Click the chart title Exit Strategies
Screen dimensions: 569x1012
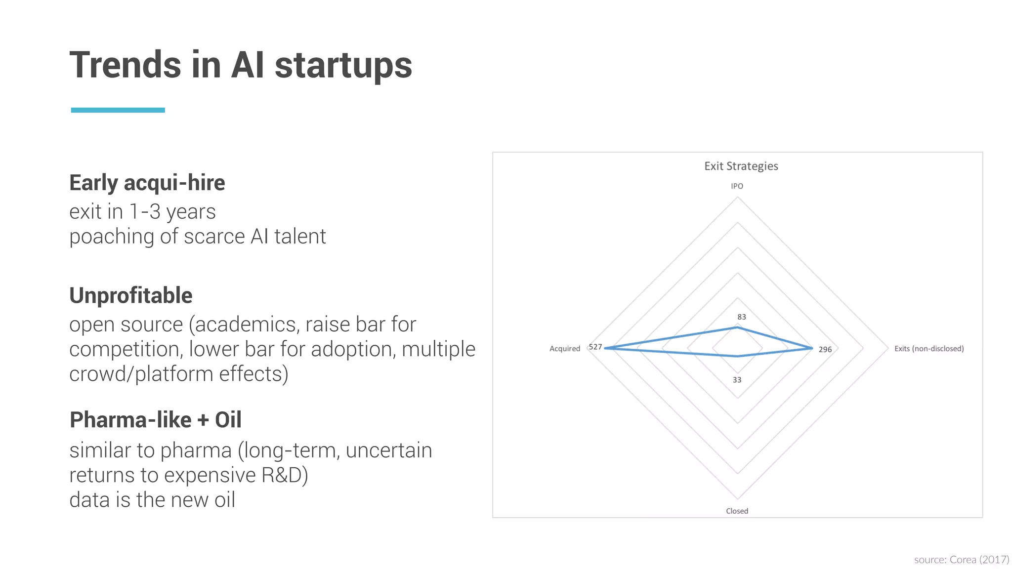coord(741,166)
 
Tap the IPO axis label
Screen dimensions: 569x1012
coord(737,186)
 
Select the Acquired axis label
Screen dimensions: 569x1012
coord(564,349)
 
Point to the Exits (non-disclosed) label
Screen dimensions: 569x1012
coord(928,349)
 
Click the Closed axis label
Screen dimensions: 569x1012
coord(737,511)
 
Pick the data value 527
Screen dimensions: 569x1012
coord(595,347)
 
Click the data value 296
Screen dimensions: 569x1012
coord(825,350)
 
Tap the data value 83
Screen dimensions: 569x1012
coord(741,317)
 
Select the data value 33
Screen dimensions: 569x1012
coord(737,380)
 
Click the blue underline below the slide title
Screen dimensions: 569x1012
coord(118,110)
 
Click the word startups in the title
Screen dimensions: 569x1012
coord(343,65)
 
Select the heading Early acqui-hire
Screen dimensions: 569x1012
coord(147,183)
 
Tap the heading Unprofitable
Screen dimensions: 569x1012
coord(130,295)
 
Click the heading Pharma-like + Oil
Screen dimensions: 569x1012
coord(155,420)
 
